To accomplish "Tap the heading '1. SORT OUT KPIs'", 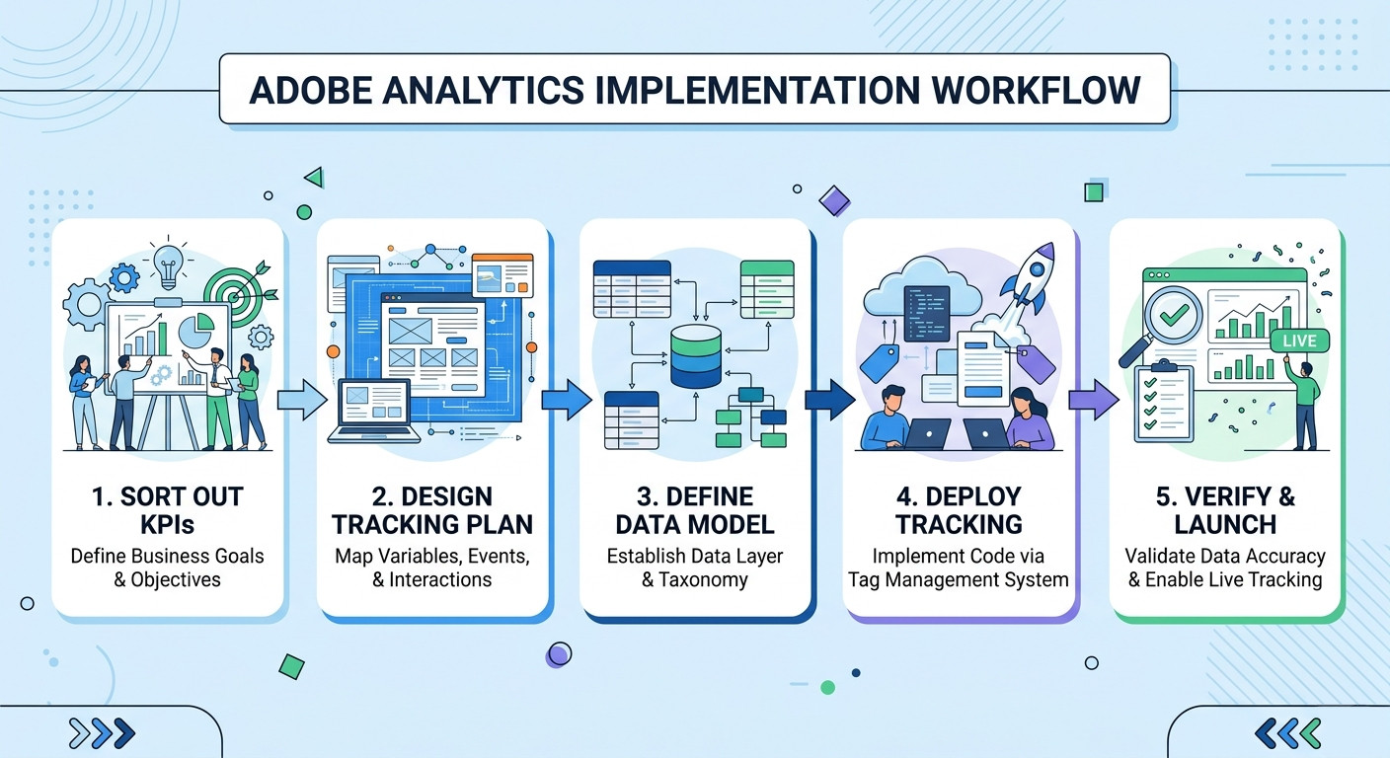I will pyautogui.click(x=167, y=509).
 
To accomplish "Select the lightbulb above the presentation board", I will pyautogui.click(x=169, y=264).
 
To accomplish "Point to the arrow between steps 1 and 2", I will pyautogui.click(x=300, y=399).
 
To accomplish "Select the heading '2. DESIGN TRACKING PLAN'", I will pyautogui.click(x=432, y=509).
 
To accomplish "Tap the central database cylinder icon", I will pyautogui.click(x=696, y=356).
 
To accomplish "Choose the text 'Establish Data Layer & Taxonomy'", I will pyautogui.click(x=695, y=568).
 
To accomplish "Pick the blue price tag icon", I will pyautogui.click(x=878, y=362).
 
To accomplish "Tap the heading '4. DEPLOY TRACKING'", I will pyautogui.click(x=959, y=509).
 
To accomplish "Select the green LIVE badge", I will pyautogui.click(x=1299, y=341).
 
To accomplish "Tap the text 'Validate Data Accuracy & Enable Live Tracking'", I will pyautogui.click(x=1225, y=568).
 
